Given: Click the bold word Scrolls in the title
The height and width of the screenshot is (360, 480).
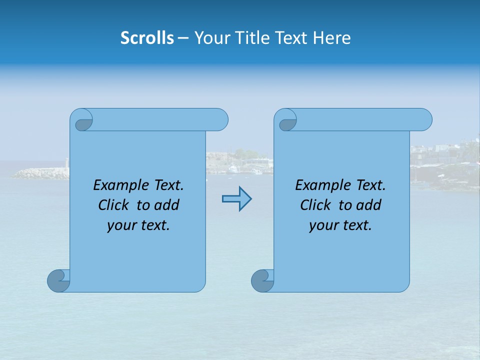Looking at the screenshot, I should click(147, 38).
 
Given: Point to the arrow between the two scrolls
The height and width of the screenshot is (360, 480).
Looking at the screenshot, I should click(236, 199).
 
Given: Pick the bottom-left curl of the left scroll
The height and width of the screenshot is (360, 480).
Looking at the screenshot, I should click(58, 280).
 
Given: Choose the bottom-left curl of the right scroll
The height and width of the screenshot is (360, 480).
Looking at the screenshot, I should click(262, 280).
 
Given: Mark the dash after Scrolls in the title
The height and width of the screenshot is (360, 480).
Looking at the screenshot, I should click(183, 38).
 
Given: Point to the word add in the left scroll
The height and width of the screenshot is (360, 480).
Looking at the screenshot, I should click(166, 205).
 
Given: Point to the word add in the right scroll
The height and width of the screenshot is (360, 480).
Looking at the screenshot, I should click(368, 205).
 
